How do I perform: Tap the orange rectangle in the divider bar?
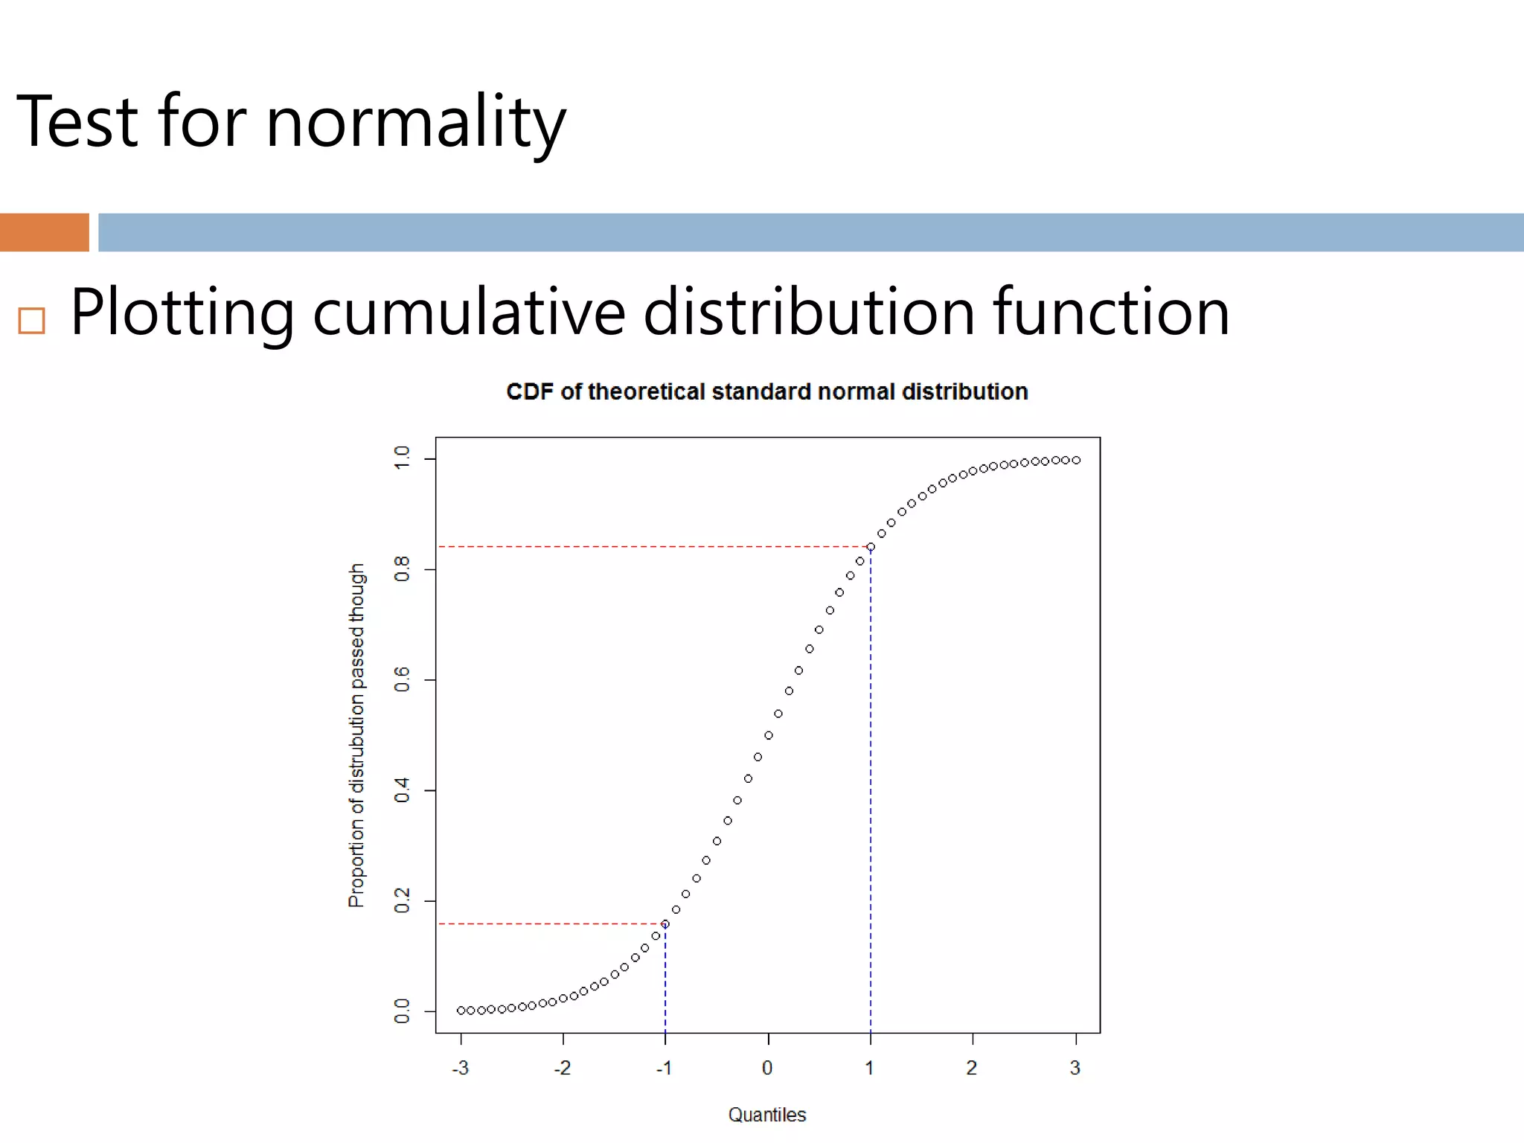pos(44,232)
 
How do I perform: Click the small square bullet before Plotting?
pos(31,321)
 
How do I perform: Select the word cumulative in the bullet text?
pos(469,313)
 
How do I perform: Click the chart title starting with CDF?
pos(766,391)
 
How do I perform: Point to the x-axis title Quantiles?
pos(766,1115)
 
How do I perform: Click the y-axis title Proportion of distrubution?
pos(356,735)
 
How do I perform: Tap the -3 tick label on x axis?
pos(460,1069)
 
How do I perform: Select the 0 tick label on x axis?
pos(767,1069)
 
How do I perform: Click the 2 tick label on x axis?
pos(971,1069)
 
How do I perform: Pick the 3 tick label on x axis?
pos(1075,1069)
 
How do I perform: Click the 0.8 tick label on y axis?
pos(402,569)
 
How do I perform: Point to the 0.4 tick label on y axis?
pos(402,790)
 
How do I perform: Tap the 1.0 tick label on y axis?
pos(402,458)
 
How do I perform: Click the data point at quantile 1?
pos(871,547)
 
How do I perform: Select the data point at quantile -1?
pos(665,924)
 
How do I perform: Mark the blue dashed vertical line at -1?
pos(665,982)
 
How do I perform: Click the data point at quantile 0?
pos(768,735)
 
